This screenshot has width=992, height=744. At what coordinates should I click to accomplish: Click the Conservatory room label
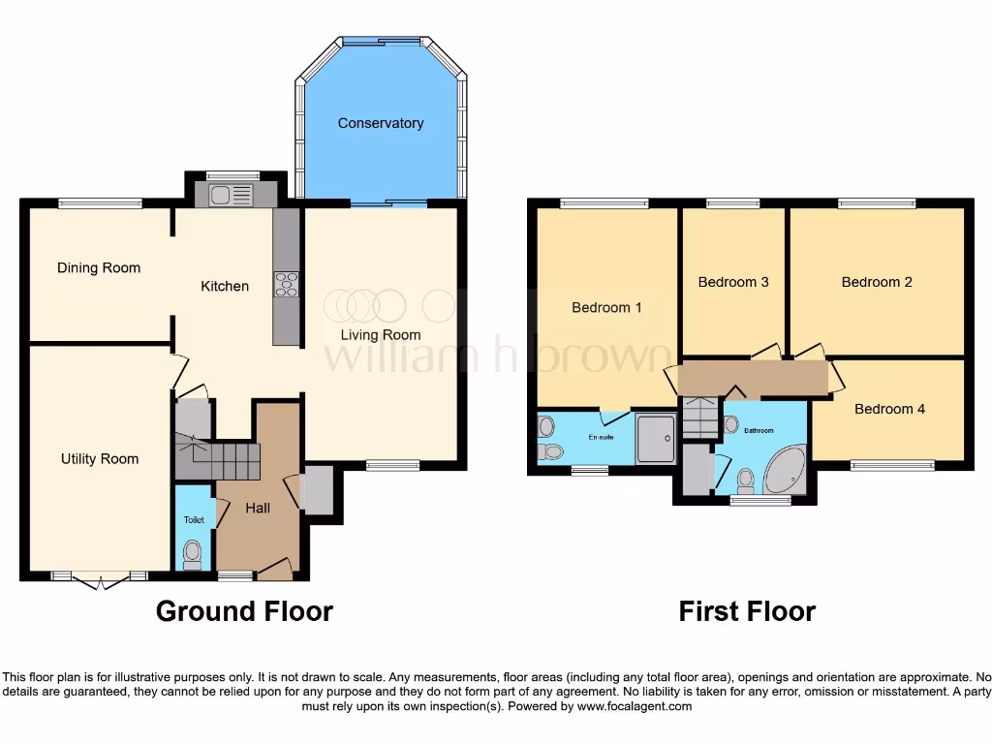point(380,123)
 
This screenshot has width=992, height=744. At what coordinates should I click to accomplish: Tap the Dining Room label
point(98,268)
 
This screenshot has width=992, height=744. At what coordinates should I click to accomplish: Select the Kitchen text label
point(224,286)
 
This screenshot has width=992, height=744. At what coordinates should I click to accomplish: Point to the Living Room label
point(380,335)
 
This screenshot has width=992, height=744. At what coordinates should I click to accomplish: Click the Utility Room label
point(99,459)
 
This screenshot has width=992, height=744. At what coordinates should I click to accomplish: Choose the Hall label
point(258,508)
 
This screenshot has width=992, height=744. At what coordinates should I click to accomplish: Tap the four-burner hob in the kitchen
point(287,284)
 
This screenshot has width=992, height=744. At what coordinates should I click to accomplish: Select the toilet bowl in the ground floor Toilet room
point(193,553)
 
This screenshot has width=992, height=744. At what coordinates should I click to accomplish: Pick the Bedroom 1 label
point(606,307)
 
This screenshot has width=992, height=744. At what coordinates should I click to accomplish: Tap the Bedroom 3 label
point(733,282)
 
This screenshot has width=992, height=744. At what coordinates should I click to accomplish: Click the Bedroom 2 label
point(877,282)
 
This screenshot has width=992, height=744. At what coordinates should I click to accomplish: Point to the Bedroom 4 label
point(889,409)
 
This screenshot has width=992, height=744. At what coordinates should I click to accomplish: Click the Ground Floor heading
point(244,611)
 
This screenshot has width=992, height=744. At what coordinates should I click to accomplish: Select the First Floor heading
point(746,611)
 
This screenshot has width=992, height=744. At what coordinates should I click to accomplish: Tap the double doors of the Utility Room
point(100,579)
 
